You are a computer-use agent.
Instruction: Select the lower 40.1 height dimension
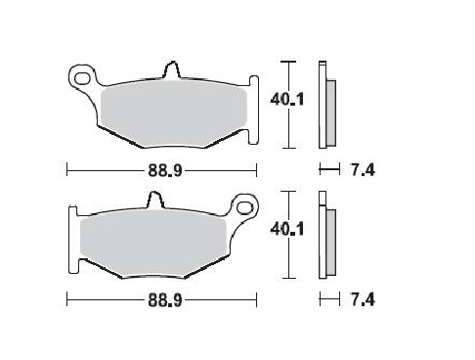pyautogui.click(x=282, y=230)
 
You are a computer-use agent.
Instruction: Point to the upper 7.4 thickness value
pyautogui.click(x=362, y=170)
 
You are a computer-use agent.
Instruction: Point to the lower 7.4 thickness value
pyautogui.click(x=362, y=296)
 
